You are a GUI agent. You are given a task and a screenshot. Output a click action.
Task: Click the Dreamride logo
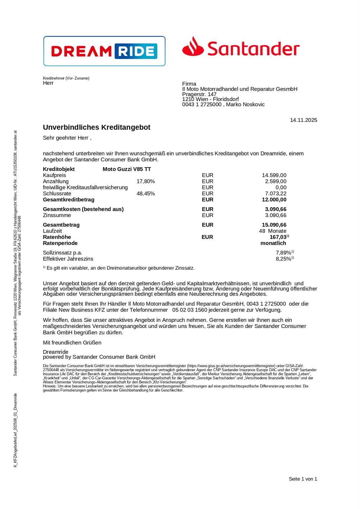104,51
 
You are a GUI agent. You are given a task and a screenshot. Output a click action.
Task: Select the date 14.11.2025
303,120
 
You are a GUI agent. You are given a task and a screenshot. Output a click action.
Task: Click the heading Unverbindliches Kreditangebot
96,127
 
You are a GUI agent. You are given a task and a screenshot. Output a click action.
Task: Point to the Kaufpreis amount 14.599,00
274,175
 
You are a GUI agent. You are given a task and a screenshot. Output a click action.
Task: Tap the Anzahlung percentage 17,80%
146,181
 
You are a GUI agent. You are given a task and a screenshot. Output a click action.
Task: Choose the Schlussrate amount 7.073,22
275,194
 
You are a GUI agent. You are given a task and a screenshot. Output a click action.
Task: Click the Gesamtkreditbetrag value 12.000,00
274,199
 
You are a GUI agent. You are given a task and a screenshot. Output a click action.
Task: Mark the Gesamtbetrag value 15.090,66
274,225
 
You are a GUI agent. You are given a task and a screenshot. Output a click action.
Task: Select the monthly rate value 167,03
278,237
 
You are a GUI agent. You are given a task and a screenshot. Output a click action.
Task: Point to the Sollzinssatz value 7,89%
284,253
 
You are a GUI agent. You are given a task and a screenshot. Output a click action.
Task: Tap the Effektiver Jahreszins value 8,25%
284,259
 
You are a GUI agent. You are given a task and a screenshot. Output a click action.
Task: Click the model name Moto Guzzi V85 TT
127,169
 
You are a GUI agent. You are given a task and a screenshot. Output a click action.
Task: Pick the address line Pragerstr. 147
199,94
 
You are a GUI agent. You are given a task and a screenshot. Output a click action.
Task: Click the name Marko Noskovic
245,104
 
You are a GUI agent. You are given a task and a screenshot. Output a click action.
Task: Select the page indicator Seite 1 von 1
303,479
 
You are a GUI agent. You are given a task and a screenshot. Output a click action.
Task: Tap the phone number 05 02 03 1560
190,310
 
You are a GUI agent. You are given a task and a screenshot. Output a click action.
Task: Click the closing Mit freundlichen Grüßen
72,343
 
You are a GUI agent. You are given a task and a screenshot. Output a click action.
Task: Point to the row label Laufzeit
52,231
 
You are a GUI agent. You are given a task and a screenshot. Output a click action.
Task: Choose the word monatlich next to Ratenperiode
273,243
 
